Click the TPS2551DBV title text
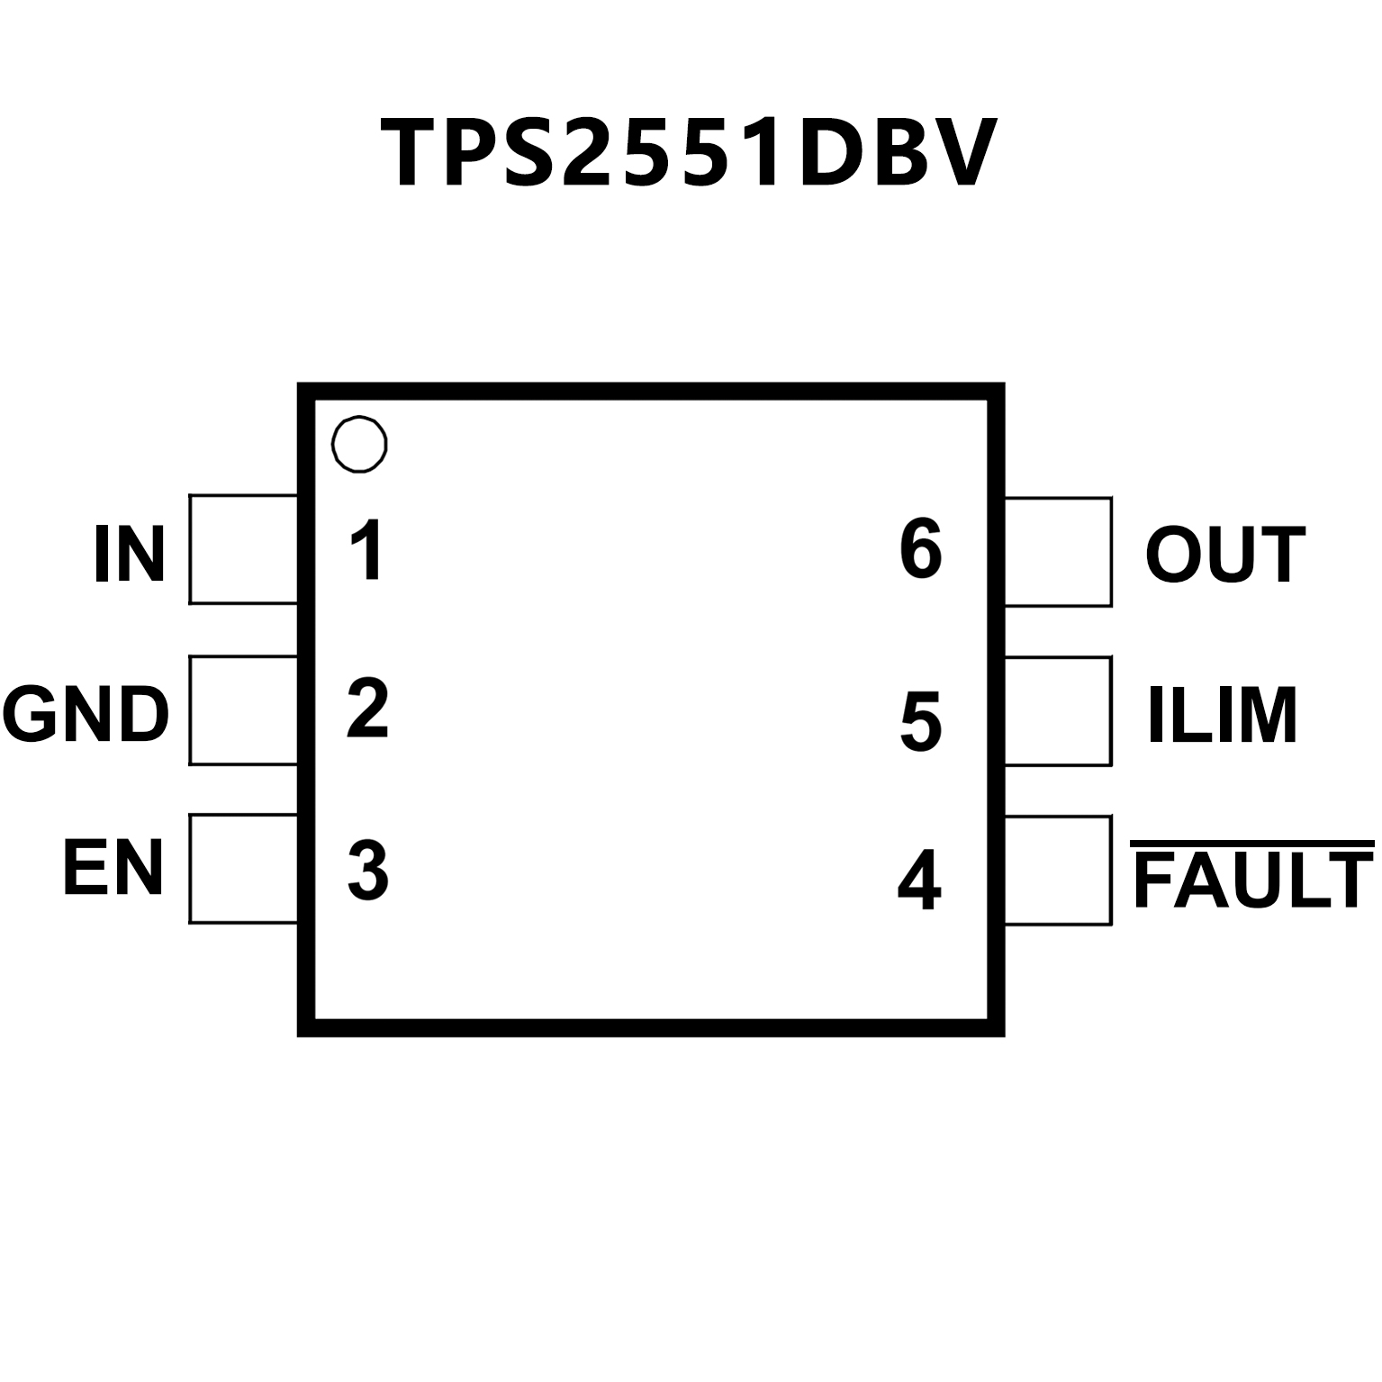(x=690, y=153)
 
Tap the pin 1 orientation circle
(x=359, y=444)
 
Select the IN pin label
(x=130, y=555)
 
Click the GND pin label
(x=86, y=714)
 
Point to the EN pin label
(x=113, y=868)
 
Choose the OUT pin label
(x=1224, y=555)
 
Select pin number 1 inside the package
(x=367, y=549)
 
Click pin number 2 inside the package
(x=367, y=709)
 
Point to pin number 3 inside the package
(x=367, y=870)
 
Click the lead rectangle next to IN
(x=243, y=549)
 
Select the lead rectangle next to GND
(x=243, y=709)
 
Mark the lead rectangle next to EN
(x=243, y=869)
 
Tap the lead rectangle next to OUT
(x=1058, y=551)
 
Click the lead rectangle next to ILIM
(x=1058, y=711)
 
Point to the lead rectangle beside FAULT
(x=1058, y=871)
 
